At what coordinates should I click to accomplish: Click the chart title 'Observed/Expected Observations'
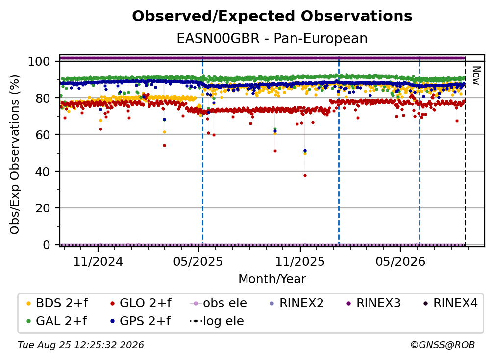point(272,16)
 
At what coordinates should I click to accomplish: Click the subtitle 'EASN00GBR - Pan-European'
point(272,38)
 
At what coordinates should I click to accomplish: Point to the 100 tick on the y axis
point(39,61)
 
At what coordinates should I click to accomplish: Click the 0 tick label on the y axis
point(47,245)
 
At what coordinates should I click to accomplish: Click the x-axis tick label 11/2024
point(98,261)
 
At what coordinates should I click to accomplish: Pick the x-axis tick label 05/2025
point(198,261)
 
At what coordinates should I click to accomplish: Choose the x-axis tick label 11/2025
point(300,261)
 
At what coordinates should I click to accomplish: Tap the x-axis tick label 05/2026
point(400,261)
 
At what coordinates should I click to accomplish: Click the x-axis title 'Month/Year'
point(272,279)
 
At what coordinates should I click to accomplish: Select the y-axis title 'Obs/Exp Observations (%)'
point(15,154)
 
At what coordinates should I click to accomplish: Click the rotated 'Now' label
point(476,76)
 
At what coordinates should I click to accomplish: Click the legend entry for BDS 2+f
point(57,303)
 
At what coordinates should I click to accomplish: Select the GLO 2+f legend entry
point(141,303)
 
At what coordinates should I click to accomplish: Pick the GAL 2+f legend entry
point(57,321)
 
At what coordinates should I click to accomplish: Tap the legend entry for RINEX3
point(373,303)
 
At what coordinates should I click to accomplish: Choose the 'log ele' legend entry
point(217,321)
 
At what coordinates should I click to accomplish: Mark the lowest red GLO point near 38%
point(305,175)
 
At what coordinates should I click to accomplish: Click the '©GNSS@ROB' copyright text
point(443,345)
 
